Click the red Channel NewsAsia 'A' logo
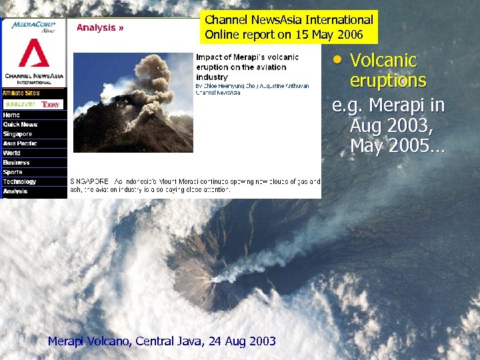pyautogui.click(x=33, y=53)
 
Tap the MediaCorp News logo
pyautogui.click(x=33, y=27)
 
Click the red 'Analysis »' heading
pyautogui.click(x=100, y=28)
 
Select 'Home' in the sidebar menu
pyautogui.click(x=11, y=115)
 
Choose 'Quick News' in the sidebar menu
pyautogui.click(x=20, y=125)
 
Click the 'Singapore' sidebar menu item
pyautogui.click(x=17, y=134)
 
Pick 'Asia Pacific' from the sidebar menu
pyautogui.click(x=20, y=143)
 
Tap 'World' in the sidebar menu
pyautogui.click(x=12, y=153)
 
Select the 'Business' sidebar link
pyautogui.click(x=16, y=163)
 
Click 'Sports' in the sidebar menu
pyautogui.click(x=13, y=172)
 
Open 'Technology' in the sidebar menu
pyautogui.click(x=19, y=181)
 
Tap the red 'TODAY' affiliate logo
pyautogui.click(x=51, y=105)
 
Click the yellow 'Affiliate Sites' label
pyautogui.click(x=21, y=93)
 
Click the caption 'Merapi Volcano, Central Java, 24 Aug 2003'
pyautogui.click(x=162, y=341)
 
